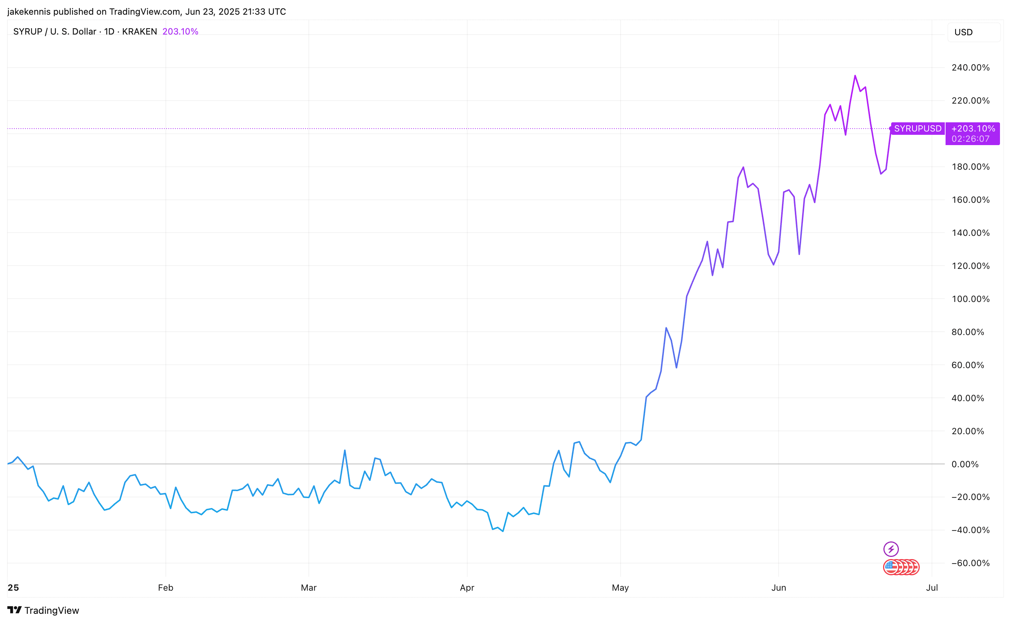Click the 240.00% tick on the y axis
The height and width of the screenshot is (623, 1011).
click(x=970, y=68)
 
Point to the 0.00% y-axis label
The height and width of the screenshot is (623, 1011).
click(x=970, y=464)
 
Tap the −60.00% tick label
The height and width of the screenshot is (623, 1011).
click(x=970, y=563)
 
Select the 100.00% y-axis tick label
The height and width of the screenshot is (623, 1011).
click(x=970, y=299)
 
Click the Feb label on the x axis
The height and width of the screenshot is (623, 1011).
click(x=165, y=588)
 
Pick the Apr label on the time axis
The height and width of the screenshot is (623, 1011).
click(x=467, y=588)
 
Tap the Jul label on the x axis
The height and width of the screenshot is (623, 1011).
click(x=932, y=588)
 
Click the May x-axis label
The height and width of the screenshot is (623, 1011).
click(x=620, y=588)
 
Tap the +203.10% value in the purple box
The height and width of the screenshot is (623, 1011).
click(x=973, y=129)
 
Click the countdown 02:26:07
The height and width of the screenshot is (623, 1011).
click(x=970, y=139)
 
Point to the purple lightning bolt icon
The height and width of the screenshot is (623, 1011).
click(x=891, y=549)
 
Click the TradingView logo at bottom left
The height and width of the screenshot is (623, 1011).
click(x=43, y=610)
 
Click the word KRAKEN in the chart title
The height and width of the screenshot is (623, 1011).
click(x=139, y=32)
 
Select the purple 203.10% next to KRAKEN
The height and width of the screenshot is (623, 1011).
click(x=180, y=32)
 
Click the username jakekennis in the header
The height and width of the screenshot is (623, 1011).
click(x=29, y=11)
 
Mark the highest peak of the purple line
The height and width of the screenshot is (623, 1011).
click(x=855, y=76)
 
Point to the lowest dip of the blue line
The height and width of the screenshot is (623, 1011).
click(x=503, y=531)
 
